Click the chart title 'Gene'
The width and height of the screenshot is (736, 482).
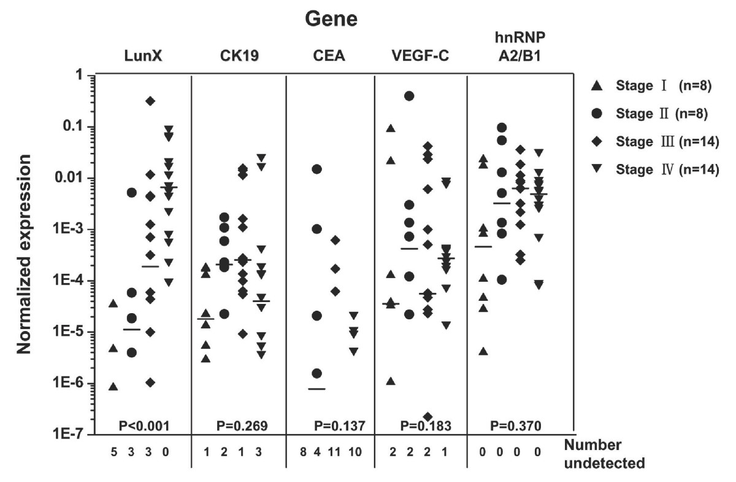(331, 19)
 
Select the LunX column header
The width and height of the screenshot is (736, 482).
(144, 56)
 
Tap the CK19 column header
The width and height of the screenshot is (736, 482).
(239, 56)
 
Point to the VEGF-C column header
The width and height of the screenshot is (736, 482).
(420, 56)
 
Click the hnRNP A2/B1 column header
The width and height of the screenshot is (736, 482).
(520, 47)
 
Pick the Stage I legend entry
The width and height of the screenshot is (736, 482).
(651, 86)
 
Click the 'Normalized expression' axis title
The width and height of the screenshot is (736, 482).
(24, 254)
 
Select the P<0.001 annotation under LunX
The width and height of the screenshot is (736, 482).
(144, 426)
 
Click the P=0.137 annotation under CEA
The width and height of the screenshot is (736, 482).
(339, 426)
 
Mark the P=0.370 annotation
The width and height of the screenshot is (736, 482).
(516, 426)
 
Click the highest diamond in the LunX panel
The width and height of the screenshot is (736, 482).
(150, 101)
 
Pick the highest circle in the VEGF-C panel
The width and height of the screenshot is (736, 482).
(410, 96)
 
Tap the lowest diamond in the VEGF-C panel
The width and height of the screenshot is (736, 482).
(428, 416)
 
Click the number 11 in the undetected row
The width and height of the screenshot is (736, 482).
(334, 452)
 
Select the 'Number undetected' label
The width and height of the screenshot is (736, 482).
(604, 454)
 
